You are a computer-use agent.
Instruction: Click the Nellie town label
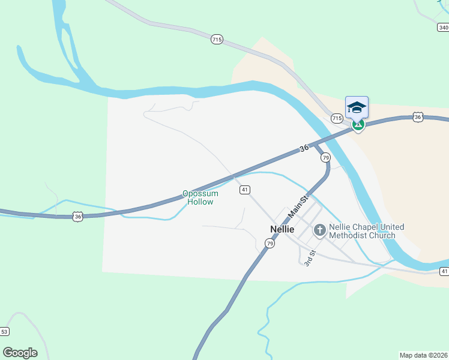(282, 229)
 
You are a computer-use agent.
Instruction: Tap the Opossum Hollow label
(200, 198)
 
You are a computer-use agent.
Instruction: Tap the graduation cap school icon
(357, 107)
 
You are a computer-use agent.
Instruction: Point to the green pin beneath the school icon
(358, 124)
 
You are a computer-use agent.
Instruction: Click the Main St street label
(298, 206)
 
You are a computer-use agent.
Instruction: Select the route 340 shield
(443, 28)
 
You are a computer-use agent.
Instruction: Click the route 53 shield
(5, 331)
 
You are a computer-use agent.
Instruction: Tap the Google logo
(20, 353)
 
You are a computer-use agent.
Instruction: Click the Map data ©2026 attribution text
(423, 355)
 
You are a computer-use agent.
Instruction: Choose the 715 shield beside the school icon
(337, 119)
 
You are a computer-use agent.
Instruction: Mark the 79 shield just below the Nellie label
(270, 244)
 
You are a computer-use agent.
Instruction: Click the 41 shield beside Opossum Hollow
(244, 190)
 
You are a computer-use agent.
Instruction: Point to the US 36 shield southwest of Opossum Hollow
(77, 216)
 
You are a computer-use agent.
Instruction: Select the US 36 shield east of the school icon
(418, 117)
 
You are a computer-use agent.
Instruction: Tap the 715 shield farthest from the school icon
(217, 40)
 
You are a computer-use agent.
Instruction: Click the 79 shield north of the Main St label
(325, 157)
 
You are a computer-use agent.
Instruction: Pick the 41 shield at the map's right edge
(444, 271)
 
